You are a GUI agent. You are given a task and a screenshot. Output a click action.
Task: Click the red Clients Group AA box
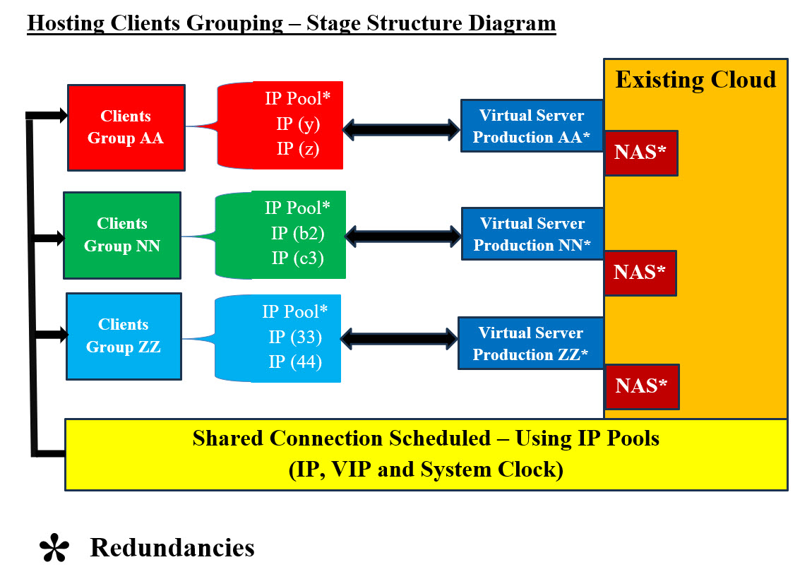click(126, 127)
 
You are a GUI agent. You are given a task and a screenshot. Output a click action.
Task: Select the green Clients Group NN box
click(122, 235)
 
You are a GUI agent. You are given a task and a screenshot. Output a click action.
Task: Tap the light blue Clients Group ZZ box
click(124, 336)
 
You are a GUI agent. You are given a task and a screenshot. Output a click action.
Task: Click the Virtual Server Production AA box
click(532, 126)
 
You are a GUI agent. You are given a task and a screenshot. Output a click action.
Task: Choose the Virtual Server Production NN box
click(532, 234)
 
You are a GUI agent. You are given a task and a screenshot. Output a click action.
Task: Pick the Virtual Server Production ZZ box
click(531, 343)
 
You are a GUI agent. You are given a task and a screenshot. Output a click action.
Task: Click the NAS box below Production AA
click(640, 153)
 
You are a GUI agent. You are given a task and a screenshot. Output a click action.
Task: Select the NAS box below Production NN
click(640, 273)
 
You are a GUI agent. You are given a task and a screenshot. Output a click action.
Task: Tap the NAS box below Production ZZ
click(641, 386)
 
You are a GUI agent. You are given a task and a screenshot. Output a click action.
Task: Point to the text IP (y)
click(298, 124)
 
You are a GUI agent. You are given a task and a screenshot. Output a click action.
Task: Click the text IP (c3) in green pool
click(298, 258)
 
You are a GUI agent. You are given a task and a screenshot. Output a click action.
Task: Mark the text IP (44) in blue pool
click(295, 362)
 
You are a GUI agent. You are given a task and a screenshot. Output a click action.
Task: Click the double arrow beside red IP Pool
click(401, 129)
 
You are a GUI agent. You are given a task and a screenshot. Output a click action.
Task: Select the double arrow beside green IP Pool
click(402, 236)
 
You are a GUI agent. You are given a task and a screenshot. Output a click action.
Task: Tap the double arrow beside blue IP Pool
click(400, 338)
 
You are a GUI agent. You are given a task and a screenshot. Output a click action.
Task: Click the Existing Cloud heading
click(695, 79)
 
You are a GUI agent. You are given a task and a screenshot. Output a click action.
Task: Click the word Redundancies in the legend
click(172, 547)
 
